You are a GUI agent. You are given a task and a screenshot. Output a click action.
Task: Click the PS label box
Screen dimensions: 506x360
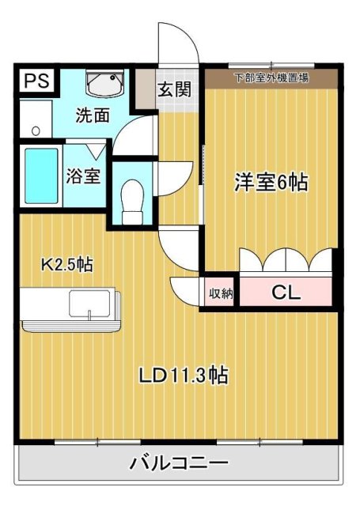click(35, 81)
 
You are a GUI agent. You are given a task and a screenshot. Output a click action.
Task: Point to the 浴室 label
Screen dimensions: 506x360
click(83, 175)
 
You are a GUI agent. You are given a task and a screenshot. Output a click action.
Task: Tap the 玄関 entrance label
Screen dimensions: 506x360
click(173, 89)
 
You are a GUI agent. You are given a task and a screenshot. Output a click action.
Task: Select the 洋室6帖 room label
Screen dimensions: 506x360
click(270, 182)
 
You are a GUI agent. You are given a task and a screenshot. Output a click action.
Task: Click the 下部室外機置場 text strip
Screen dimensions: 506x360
click(271, 77)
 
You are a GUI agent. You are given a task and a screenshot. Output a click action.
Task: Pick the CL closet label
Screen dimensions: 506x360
click(286, 292)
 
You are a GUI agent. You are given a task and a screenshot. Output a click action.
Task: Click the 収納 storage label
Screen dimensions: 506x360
click(221, 293)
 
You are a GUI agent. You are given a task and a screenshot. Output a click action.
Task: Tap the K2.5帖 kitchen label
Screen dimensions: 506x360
click(66, 265)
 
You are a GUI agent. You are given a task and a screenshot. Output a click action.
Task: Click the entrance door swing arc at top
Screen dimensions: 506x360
click(176, 43)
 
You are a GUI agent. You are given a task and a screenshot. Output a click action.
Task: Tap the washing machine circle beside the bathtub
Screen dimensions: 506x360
click(36, 127)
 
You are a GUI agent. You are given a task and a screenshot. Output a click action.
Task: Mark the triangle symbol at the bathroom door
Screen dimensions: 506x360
click(93, 149)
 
